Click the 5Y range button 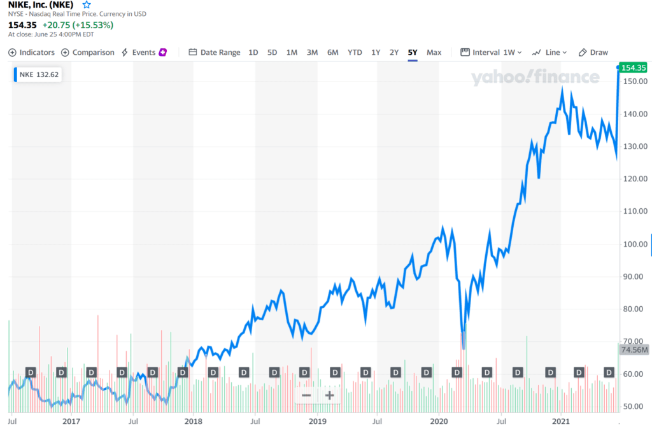pos(413,52)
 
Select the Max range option pos(434,52)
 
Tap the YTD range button pos(355,52)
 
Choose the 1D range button pos(253,52)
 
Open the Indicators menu pos(32,52)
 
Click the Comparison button pos(88,52)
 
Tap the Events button pos(144,52)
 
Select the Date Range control pos(215,52)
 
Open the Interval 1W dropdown pos(491,52)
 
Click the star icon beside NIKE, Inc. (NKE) pos(87,5)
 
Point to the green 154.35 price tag pos(634,67)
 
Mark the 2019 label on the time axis pos(317,421)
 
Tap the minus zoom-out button pos(306,395)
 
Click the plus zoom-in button pos(329,395)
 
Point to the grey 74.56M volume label pos(634,350)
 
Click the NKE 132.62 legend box pos(38,74)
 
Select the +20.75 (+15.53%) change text pos(78,25)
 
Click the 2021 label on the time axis pos(561,421)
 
